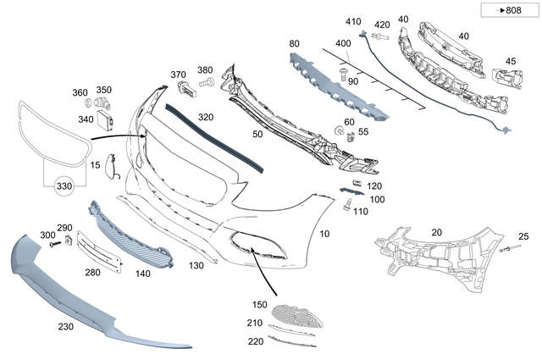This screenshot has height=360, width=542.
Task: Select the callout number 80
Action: (294, 42)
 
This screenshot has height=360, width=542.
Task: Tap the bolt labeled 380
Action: (204, 83)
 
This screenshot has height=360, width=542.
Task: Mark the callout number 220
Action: (254, 341)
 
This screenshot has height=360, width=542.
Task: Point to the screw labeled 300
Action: (53, 243)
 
